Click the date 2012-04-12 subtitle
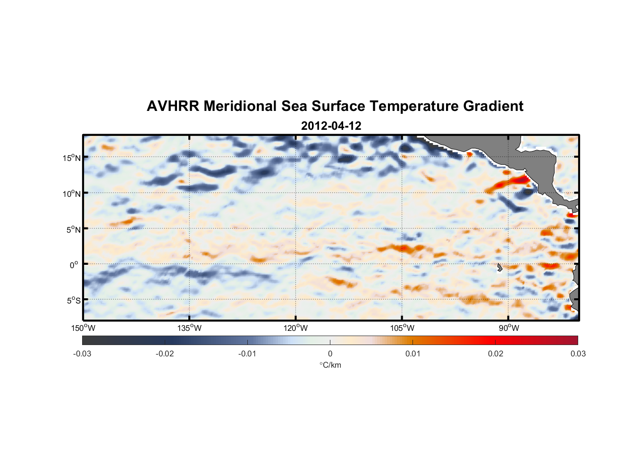(331, 126)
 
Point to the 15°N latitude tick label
(72, 158)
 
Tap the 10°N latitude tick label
(72, 194)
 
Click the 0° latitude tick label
(74, 265)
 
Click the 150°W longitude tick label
(84, 328)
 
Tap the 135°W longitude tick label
(190, 328)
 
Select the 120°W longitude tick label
(296, 328)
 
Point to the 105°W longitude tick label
(402, 328)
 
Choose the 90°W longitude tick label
(508, 328)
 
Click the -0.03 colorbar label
(82, 354)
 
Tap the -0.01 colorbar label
(247, 354)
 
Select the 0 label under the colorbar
(330, 354)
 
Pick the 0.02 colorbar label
(496, 354)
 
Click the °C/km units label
(330, 365)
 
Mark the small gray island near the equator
(499, 268)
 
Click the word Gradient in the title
(493, 106)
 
